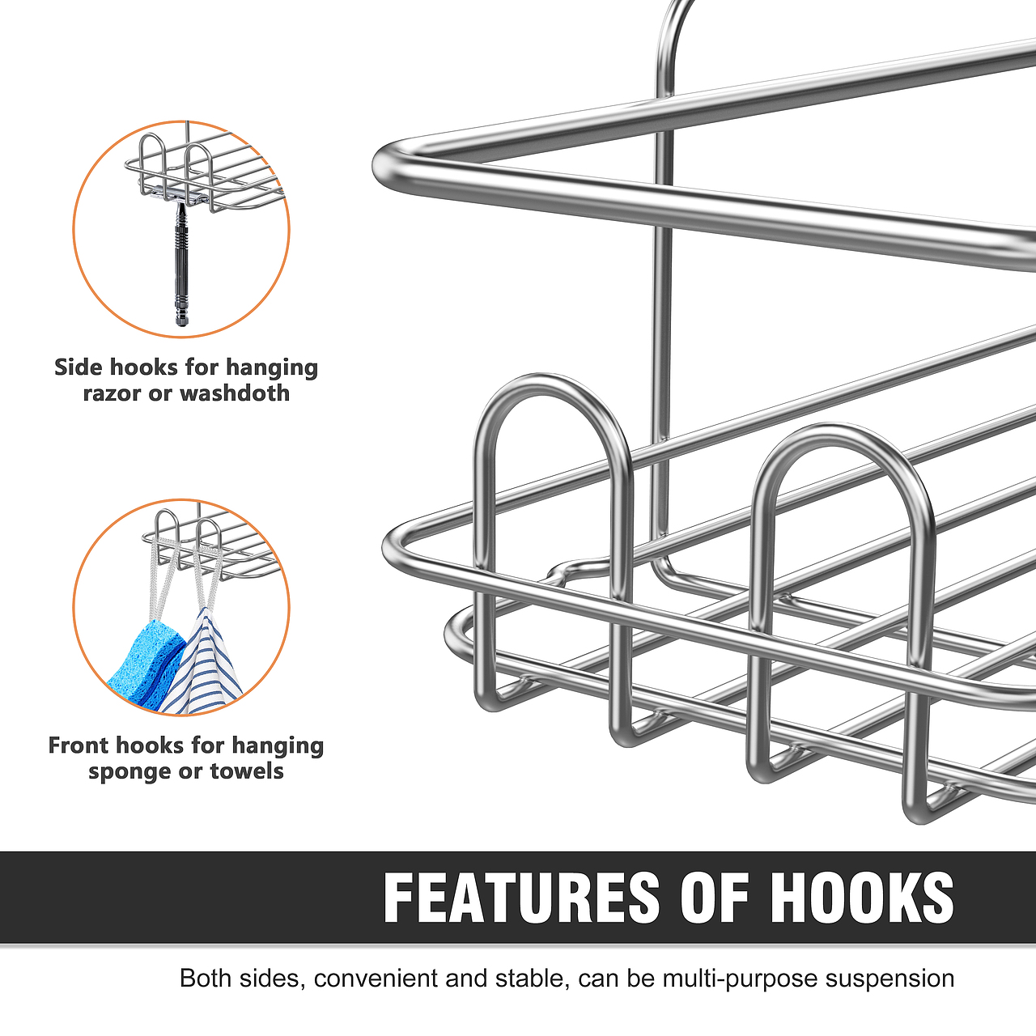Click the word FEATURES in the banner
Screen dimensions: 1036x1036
click(x=521, y=898)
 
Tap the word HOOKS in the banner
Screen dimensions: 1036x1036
click(x=862, y=898)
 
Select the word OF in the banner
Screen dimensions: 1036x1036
click(x=714, y=898)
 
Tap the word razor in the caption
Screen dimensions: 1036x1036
click(x=113, y=394)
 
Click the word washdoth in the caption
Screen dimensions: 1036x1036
click(x=235, y=393)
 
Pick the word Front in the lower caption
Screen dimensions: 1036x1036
click(x=79, y=745)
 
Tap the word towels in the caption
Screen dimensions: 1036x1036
click(x=247, y=771)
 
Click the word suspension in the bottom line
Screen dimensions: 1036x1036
click(x=890, y=979)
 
